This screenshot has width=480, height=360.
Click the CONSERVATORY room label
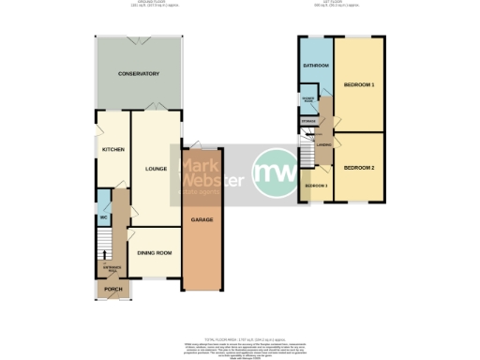pyautogui.click(x=138, y=74)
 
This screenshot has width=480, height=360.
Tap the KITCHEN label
pyautogui.click(x=112, y=149)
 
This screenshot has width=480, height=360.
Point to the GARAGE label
pyautogui.click(x=202, y=219)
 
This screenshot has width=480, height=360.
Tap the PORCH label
pyautogui.click(x=112, y=290)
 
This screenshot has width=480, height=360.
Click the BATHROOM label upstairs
pyautogui.click(x=316, y=66)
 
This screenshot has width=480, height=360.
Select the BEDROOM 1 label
pyautogui.click(x=359, y=85)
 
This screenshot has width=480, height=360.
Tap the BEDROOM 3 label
pyautogui.click(x=316, y=186)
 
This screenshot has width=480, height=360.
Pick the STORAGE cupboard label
pyautogui.click(x=307, y=122)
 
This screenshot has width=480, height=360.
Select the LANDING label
pyautogui.click(x=323, y=144)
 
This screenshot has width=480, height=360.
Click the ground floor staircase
pyautogui.click(x=103, y=248)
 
